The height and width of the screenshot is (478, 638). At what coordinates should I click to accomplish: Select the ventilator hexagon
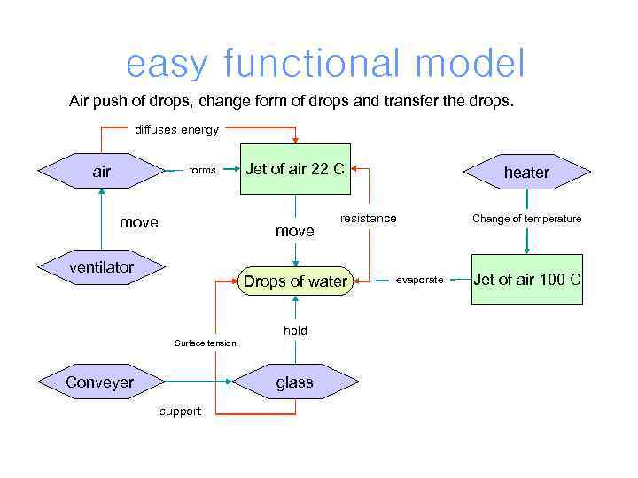pos(102,267)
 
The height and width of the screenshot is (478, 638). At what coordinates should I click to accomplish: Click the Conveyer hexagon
pos(100,382)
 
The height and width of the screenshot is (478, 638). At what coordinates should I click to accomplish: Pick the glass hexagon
pos(294,382)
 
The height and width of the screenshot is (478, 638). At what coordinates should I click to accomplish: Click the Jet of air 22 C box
pos(295,169)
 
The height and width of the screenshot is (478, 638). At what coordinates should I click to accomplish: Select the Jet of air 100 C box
pos(526,280)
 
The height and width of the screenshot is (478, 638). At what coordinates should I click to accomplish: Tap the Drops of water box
pos(295,281)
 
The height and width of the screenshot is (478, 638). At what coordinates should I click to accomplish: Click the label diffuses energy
pos(176,130)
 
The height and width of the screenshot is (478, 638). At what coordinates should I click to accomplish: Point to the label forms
pos(202,170)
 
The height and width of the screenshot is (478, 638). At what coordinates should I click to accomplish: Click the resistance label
pos(369,218)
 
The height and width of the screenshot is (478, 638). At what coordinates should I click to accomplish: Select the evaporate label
pos(419,280)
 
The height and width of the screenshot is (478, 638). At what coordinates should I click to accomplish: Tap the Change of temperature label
pos(526,219)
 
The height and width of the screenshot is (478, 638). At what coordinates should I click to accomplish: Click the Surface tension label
pos(206,343)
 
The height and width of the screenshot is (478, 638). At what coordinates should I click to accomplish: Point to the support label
pos(180,411)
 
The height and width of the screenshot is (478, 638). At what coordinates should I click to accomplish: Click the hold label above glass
pos(295,330)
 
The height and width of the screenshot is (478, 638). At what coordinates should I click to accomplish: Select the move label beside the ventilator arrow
pos(138,222)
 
